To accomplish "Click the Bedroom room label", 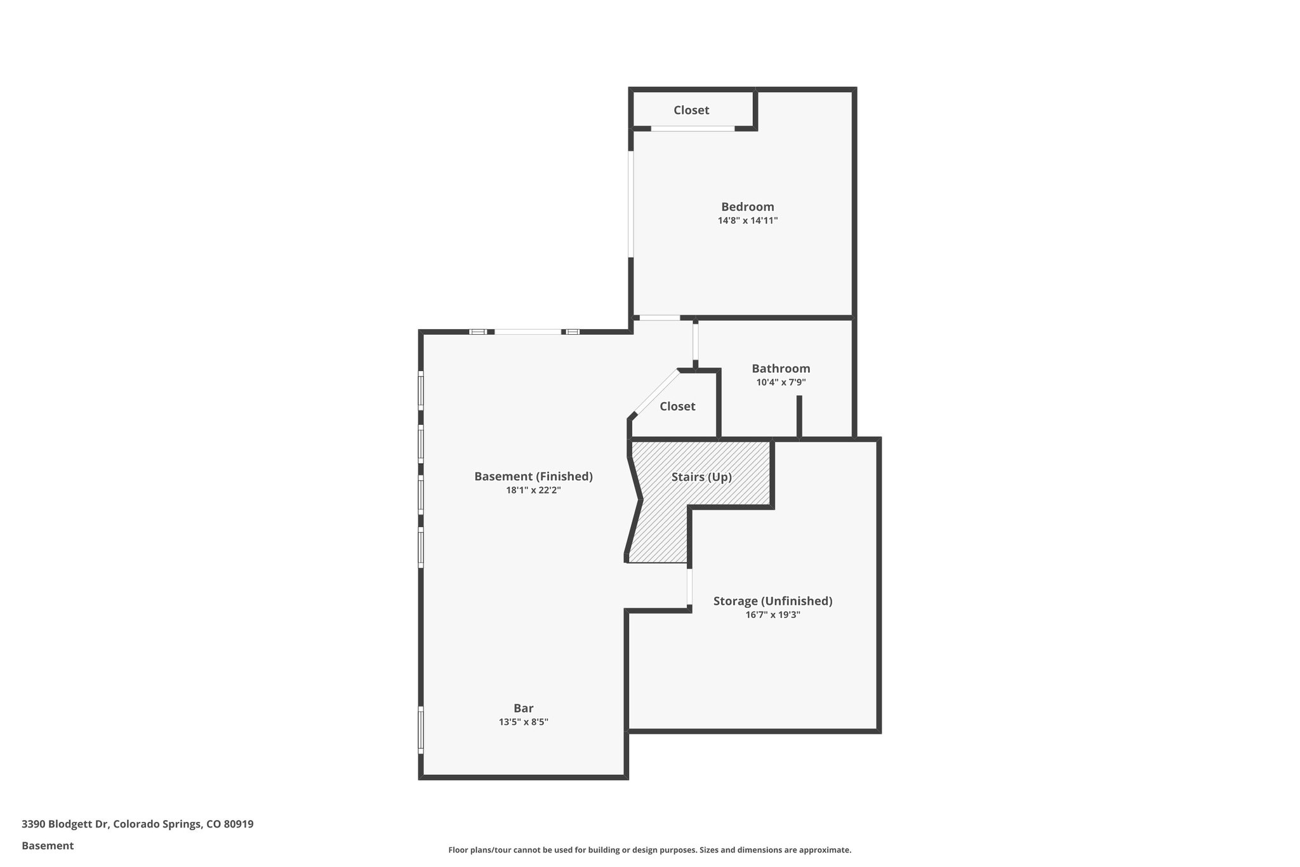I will pyautogui.click(x=747, y=206).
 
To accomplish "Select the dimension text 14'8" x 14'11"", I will pyautogui.click(x=747, y=221).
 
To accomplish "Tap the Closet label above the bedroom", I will pyautogui.click(x=691, y=110).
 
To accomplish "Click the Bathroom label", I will pyautogui.click(x=781, y=368).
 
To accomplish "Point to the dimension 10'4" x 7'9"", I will pyautogui.click(x=781, y=382).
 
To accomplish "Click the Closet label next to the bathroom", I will pyautogui.click(x=677, y=407).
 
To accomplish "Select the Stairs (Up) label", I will pyautogui.click(x=701, y=477).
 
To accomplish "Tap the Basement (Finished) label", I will pyautogui.click(x=533, y=476).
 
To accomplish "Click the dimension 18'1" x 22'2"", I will pyautogui.click(x=533, y=490).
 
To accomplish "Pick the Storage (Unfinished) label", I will pyautogui.click(x=773, y=601).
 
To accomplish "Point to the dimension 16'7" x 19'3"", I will pyautogui.click(x=773, y=615).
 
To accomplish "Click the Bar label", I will pyautogui.click(x=523, y=708).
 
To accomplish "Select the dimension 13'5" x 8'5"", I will pyautogui.click(x=523, y=722).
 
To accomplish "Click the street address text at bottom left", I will pyautogui.click(x=137, y=824).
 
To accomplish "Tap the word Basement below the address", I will pyautogui.click(x=48, y=846).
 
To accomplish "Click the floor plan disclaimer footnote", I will pyautogui.click(x=649, y=850).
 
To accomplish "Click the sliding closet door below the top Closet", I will pyautogui.click(x=693, y=129).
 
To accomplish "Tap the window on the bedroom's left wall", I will pyautogui.click(x=631, y=203).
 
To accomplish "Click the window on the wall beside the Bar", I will pyautogui.click(x=421, y=729).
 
